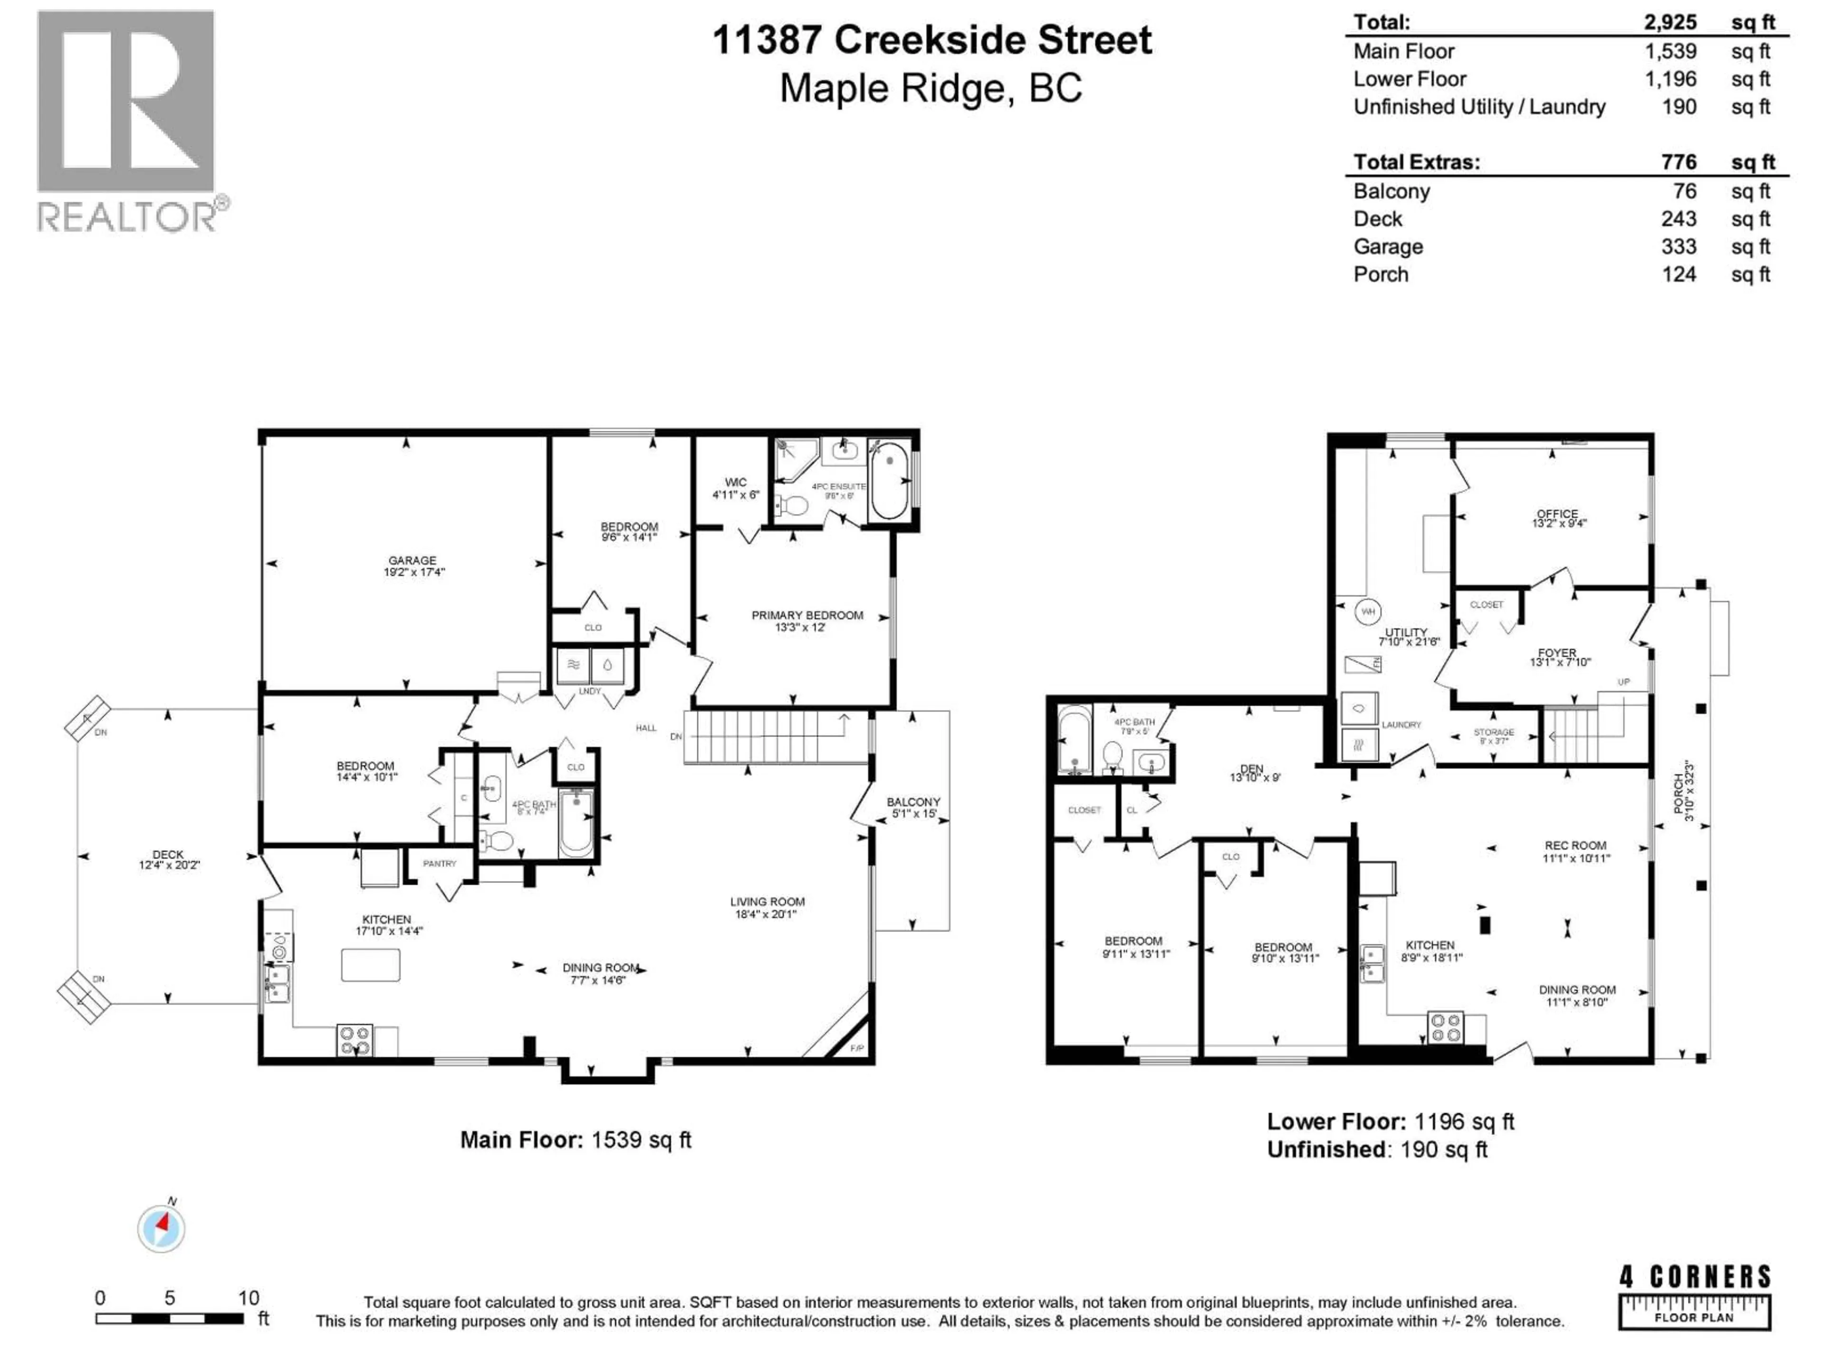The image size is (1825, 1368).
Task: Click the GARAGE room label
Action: click(x=413, y=560)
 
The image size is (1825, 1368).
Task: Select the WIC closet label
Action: click(x=735, y=483)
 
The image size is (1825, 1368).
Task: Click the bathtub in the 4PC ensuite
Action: click(x=889, y=480)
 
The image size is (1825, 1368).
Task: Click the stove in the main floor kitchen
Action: click(x=355, y=1040)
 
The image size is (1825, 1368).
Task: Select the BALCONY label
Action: click(x=913, y=801)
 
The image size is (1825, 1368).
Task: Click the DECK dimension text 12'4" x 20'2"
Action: click(x=169, y=865)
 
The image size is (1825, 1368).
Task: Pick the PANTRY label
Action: click(x=440, y=864)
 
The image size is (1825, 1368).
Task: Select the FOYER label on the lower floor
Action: click(x=1557, y=652)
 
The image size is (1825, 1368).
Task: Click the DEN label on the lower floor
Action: click(x=1251, y=769)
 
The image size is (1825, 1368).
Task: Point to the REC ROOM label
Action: click(x=1575, y=845)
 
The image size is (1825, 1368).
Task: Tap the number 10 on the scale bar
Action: click(x=249, y=1298)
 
